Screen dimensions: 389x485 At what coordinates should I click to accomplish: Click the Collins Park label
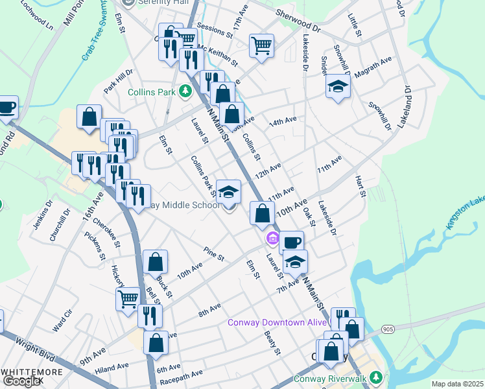tap(152, 92)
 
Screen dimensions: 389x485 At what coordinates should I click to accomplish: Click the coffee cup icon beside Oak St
tap(292, 242)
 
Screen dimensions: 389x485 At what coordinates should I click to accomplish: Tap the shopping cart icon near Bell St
tap(128, 300)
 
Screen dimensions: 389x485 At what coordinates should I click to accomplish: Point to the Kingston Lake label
tap(464, 215)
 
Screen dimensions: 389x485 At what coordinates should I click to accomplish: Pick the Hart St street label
tap(360, 186)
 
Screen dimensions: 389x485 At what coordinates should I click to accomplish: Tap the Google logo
tap(21, 381)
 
